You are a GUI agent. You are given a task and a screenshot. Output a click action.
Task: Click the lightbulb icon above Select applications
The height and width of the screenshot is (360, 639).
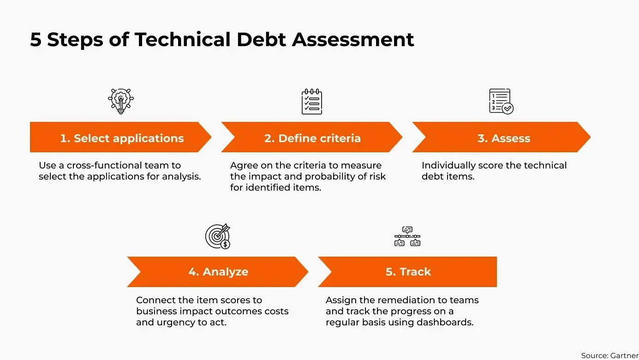click(x=121, y=101)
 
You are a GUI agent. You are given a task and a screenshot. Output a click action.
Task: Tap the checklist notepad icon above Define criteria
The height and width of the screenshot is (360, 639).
click(x=312, y=102)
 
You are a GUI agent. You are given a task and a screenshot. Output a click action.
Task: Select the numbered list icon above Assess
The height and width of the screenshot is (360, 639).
click(x=501, y=102)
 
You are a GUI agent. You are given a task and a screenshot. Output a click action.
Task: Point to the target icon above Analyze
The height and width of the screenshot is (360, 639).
click(x=218, y=236)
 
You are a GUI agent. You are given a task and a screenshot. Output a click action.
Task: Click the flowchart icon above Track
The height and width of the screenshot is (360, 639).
click(x=407, y=236)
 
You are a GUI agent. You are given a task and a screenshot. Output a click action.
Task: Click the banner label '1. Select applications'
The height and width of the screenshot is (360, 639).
click(x=122, y=138)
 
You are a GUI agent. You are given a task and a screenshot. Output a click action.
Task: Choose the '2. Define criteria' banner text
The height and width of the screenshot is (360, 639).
click(x=312, y=138)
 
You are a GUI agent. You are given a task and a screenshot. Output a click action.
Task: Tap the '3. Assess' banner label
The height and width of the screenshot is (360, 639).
click(x=504, y=138)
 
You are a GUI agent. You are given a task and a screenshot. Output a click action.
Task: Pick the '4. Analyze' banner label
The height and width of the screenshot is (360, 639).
click(x=218, y=272)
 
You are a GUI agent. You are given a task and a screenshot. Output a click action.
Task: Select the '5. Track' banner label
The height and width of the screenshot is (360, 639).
click(x=408, y=272)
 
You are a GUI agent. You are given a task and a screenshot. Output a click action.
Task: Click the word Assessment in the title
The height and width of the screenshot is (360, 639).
click(x=353, y=40)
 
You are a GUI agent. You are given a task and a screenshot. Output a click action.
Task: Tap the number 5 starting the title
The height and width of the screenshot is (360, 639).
click(x=36, y=40)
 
